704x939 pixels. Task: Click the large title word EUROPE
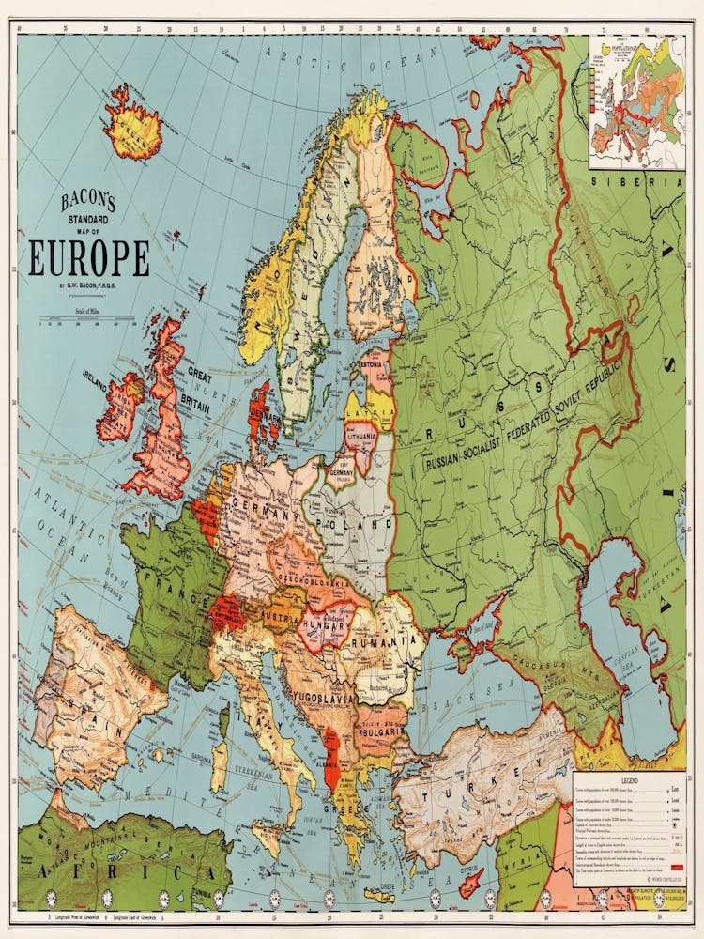[88, 259]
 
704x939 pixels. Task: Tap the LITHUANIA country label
[360, 438]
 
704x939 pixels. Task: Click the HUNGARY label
[326, 623]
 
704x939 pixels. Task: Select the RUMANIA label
[384, 641]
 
